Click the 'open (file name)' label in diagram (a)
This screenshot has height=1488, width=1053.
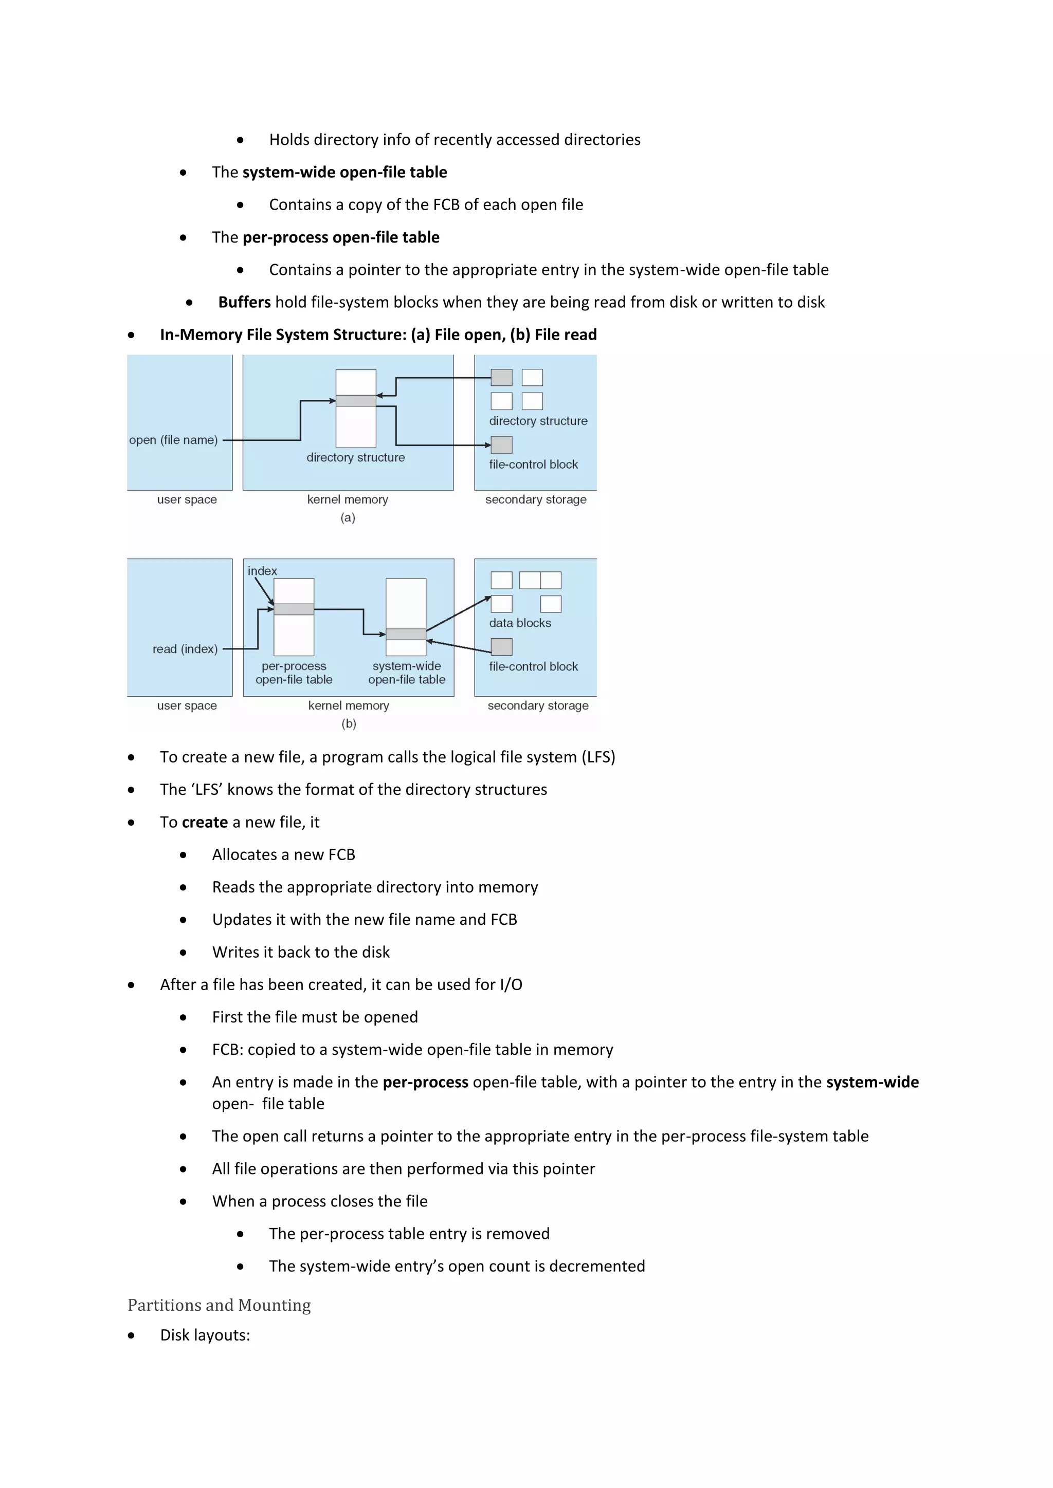click(173, 440)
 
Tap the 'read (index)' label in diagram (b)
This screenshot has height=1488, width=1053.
click(185, 649)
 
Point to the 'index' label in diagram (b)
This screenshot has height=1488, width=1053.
click(262, 571)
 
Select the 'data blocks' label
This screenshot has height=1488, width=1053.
click(520, 623)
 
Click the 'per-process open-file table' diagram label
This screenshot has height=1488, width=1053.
click(294, 673)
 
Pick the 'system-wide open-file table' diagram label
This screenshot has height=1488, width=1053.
click(407, 673)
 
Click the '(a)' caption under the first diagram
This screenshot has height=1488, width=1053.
click(348, 518)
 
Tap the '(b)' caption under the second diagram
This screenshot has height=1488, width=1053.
click(349, 724)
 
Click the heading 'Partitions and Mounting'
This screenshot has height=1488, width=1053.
click(219, 1305)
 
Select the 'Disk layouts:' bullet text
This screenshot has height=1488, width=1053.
click(205, 1335)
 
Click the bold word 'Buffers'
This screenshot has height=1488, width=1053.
click(244, 302)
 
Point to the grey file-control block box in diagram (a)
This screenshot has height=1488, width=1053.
click(501, 444)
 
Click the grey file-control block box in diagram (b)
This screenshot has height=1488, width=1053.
click(501, 647)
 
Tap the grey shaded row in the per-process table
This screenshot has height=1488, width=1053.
click(294, 609)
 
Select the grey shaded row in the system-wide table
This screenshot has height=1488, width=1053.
click(406, 634)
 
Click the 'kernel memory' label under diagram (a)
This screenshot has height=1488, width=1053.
click(348, 499)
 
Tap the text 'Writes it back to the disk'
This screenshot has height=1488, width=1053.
click(301, 952)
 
